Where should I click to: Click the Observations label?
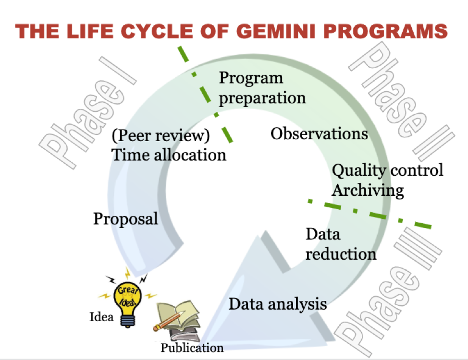pos(319,133)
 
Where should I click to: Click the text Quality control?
pos(387,170)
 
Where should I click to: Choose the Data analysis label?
pos(278,304)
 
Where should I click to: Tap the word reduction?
pos(341,254)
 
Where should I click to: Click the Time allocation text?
pos(169,155)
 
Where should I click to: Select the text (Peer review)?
pos(161,135)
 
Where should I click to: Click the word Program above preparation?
pos(251,78)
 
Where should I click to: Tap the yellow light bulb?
pos(128,301)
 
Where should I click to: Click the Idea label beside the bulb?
pos(101,317)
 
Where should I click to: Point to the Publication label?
pos(192,348)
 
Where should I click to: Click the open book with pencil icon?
pos(177,320)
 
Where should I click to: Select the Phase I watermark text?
pos(88,113)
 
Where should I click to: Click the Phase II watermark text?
pos(402,101)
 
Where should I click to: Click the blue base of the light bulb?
pos(128,321)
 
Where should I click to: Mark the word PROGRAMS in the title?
pos(386,31)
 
